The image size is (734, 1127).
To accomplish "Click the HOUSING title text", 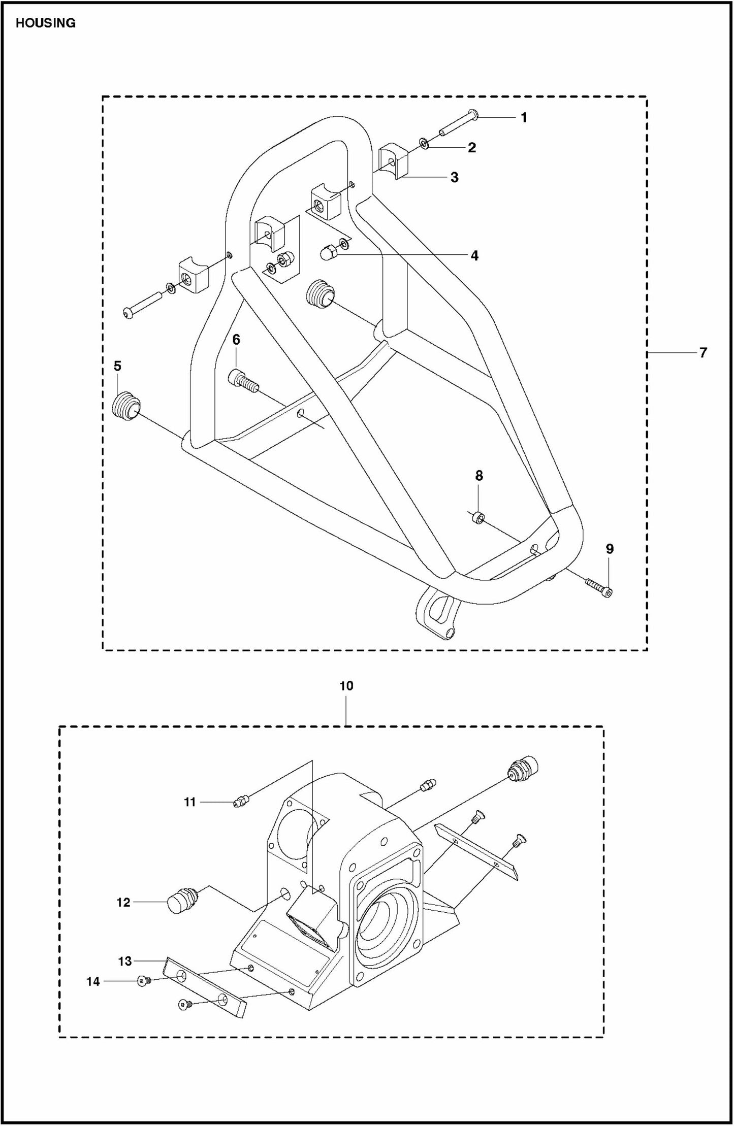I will [x=46, y=23].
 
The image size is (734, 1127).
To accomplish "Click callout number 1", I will [x=524, y=118].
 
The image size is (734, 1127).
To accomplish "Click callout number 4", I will [x=474, y=255].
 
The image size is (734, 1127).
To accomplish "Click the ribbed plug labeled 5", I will [x=125, y=406].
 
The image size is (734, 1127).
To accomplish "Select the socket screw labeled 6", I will [x=243, y=379].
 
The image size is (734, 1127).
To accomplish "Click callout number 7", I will [x=703, y=352].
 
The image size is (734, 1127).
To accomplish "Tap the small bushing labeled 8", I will [x=477, y=518].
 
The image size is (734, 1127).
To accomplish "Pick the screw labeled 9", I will [x=599, y=585].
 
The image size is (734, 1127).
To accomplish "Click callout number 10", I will [x=346, y=686].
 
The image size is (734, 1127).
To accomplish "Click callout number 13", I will [x=125, y=961].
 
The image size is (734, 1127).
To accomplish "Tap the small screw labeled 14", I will [x=142, y=981].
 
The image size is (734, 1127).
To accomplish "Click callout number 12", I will [x=123, y=902].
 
